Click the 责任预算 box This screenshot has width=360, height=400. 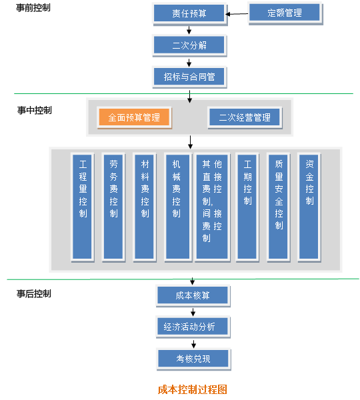tap(189, 13)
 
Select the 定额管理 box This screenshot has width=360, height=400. tap(285, 13)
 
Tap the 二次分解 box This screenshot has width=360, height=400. tap(189, 45)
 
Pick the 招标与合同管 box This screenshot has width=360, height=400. tap(189, 77)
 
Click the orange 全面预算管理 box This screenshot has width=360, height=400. tap(134, 117)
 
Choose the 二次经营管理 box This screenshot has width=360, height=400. tap(245, 117)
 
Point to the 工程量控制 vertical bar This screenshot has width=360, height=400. tap(82, 207)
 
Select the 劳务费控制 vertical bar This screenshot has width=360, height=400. tap(113, 207)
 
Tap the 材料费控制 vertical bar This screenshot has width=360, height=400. tap(144, 207)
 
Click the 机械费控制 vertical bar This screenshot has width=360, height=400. tap(177, 207)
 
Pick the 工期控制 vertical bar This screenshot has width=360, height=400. tap(247, 207)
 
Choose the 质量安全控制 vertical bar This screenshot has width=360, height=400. tap(278, 207)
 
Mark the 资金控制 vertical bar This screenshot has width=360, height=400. tap(309, 207)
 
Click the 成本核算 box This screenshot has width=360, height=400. tap(193, 295)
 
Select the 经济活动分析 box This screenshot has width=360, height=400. tap(193, 327)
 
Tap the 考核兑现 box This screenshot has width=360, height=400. tap(193, 359)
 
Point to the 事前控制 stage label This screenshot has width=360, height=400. tap(33, 7)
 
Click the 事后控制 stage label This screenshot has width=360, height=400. tap(34, 293)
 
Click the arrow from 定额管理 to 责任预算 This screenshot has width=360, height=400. tap(237, 14)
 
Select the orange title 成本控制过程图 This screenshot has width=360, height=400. tap(193, 389)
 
